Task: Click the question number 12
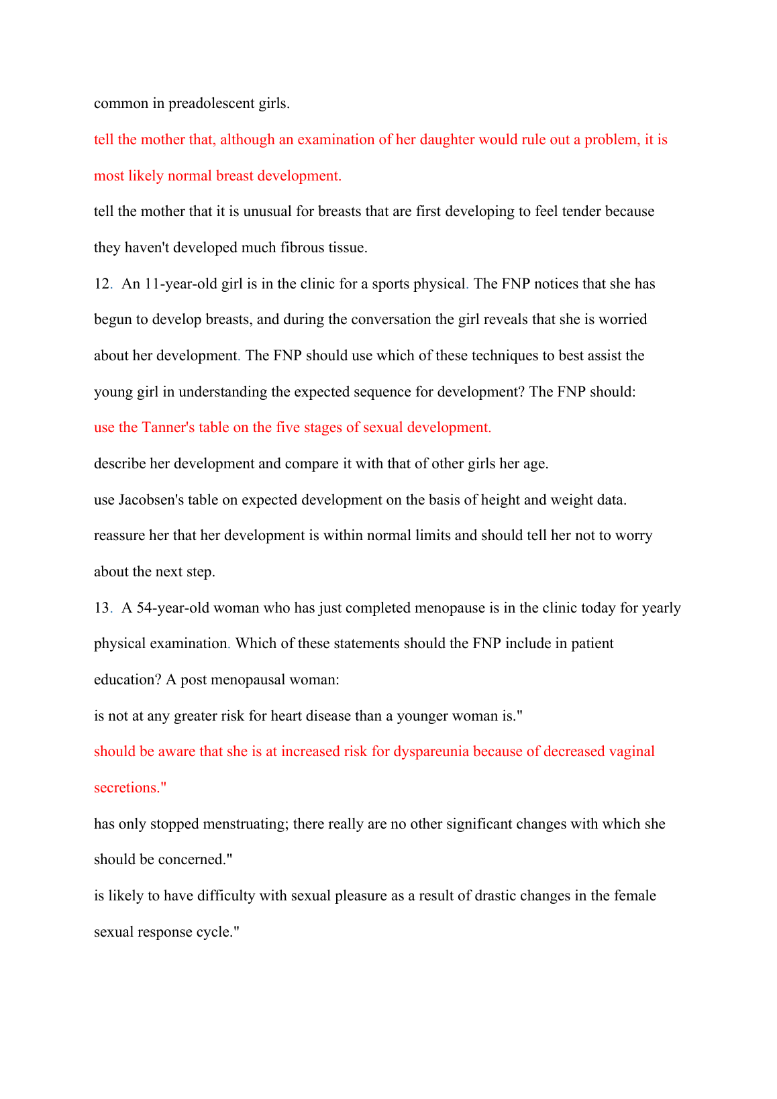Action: click(x=101, y=284)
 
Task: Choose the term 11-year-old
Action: click(x=180, y=284)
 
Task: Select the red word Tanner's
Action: click(x=168, y=427)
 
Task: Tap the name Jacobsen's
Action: click(x=151, y=500)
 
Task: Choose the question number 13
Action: click(x=101, y=608)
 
